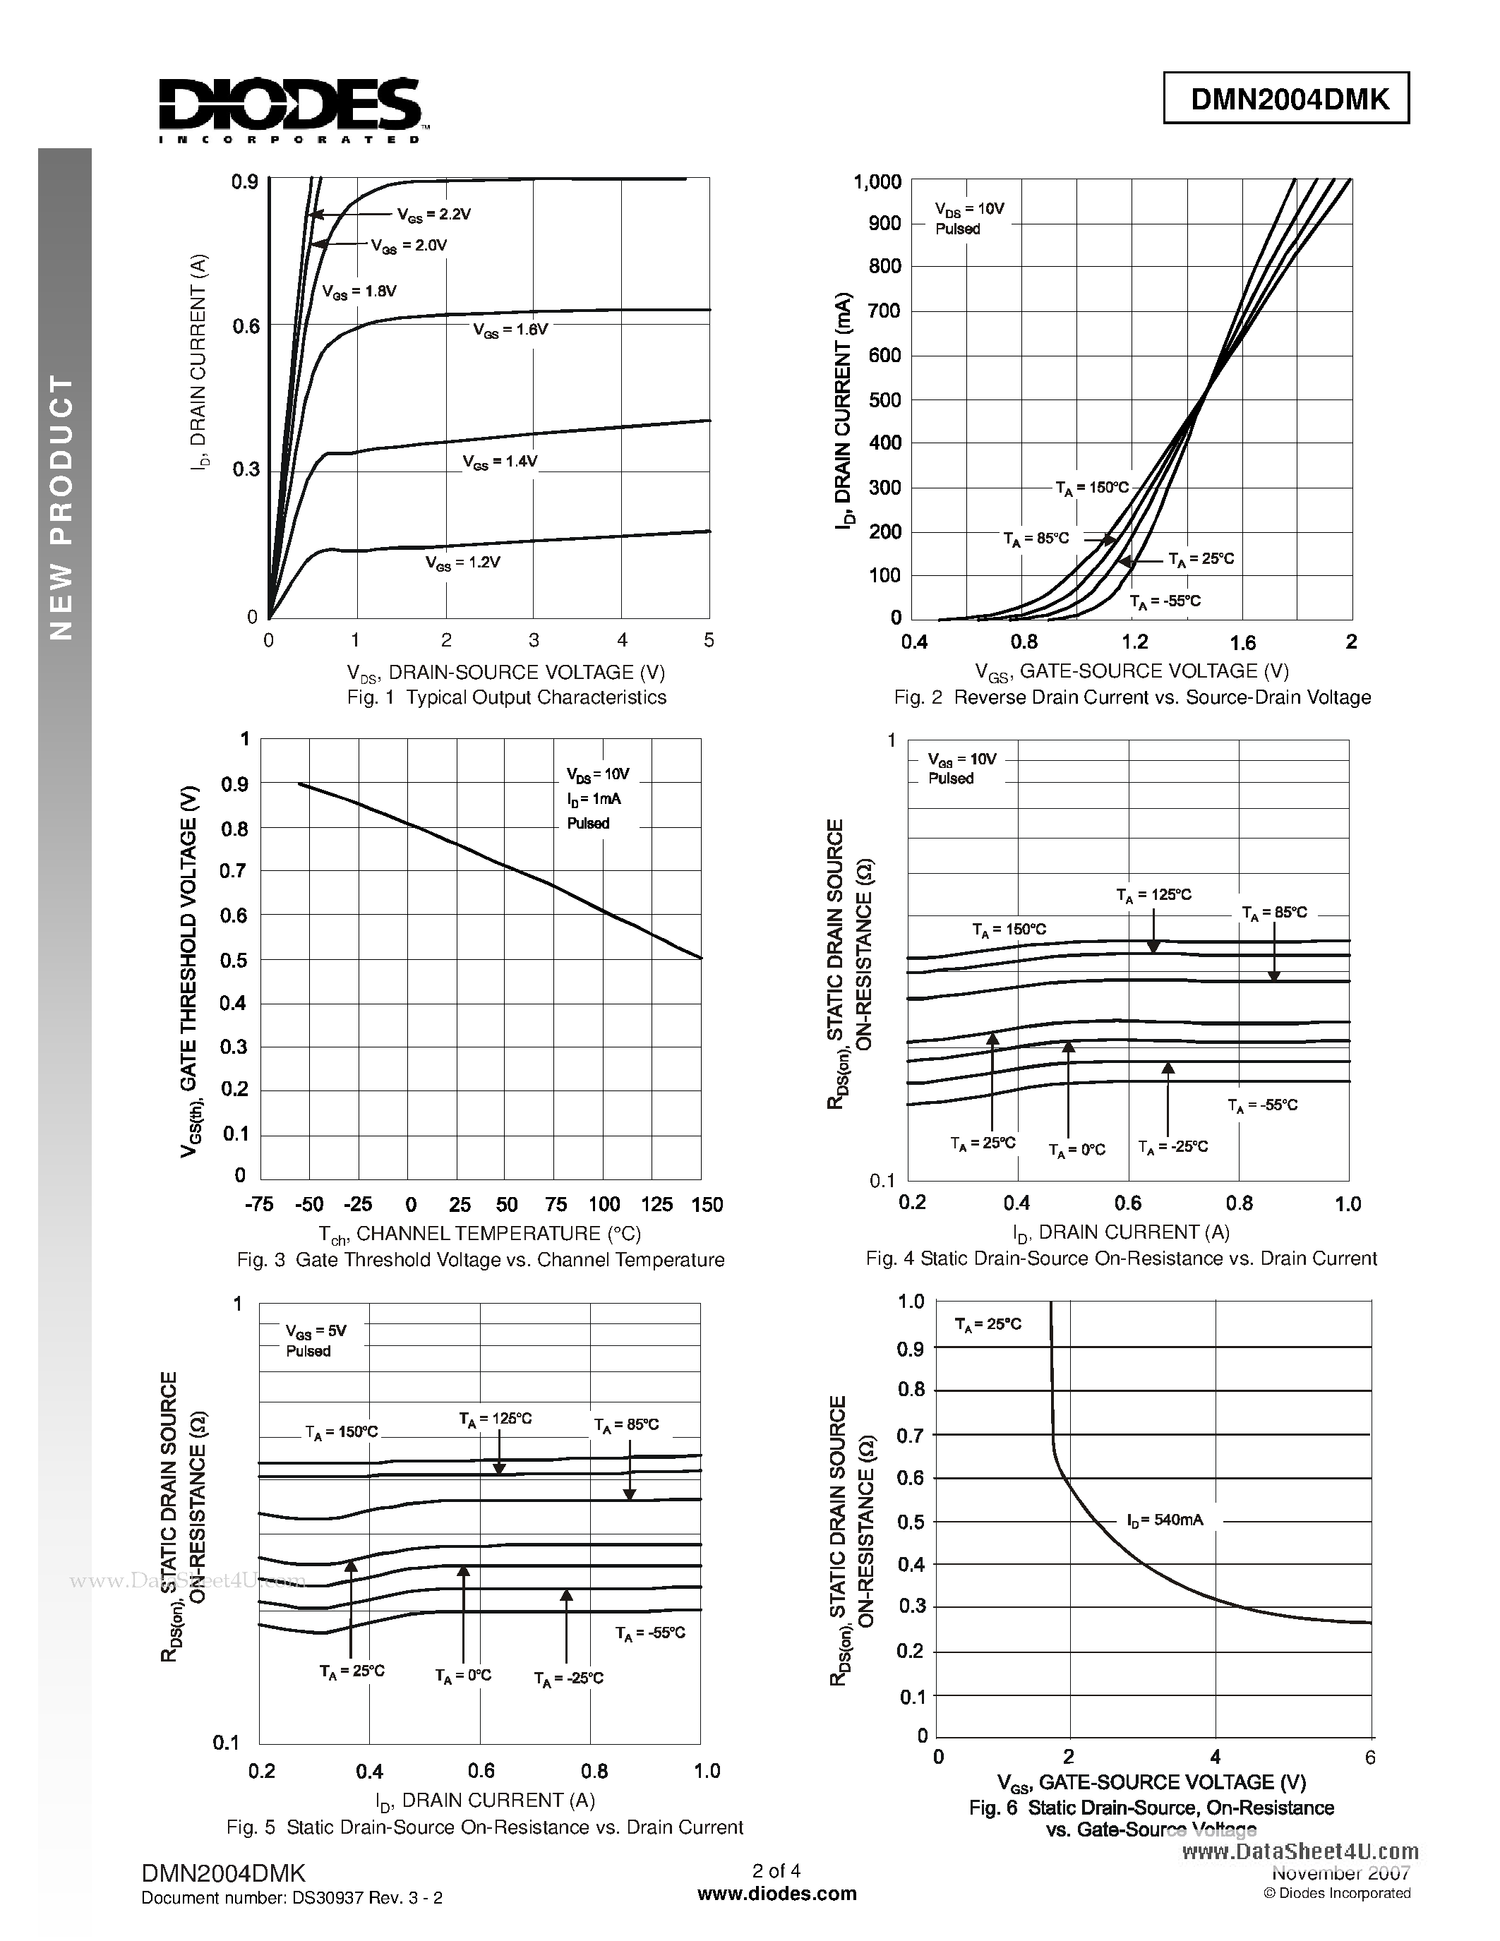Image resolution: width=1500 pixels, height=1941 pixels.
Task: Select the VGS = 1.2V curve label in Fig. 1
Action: pyautogui.click(x=462, y=563)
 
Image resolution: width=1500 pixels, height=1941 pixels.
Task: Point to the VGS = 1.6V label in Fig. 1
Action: pyautogui.click(x=510, y=330)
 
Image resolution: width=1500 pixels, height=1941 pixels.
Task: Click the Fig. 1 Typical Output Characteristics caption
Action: pyautogui.click(x=507, y=697)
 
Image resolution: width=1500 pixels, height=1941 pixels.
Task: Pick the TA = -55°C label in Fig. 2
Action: pyautogui.click(x=1165, y=601)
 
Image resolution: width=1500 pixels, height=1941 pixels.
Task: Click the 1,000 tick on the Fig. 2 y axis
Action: pyautogui.click(x=877, y=182)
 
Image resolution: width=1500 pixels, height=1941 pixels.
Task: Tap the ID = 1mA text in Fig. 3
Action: pyautogui.click(x=594, y=799)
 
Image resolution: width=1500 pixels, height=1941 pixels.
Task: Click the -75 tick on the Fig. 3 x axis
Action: pyautogui.click(x=258, y=1205)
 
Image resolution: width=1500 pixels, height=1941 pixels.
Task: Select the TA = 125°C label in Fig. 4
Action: pyautogui.click(x=1153, y=896)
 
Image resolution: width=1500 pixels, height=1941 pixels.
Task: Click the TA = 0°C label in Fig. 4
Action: pyautogui.click(x=1076, y=1150)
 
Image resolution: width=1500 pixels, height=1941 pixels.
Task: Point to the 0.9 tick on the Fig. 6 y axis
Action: pyautogui.click(x=911, y=1349)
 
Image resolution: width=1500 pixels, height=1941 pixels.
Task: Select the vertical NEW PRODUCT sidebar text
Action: pyautogui.click(x=61, y=507)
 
